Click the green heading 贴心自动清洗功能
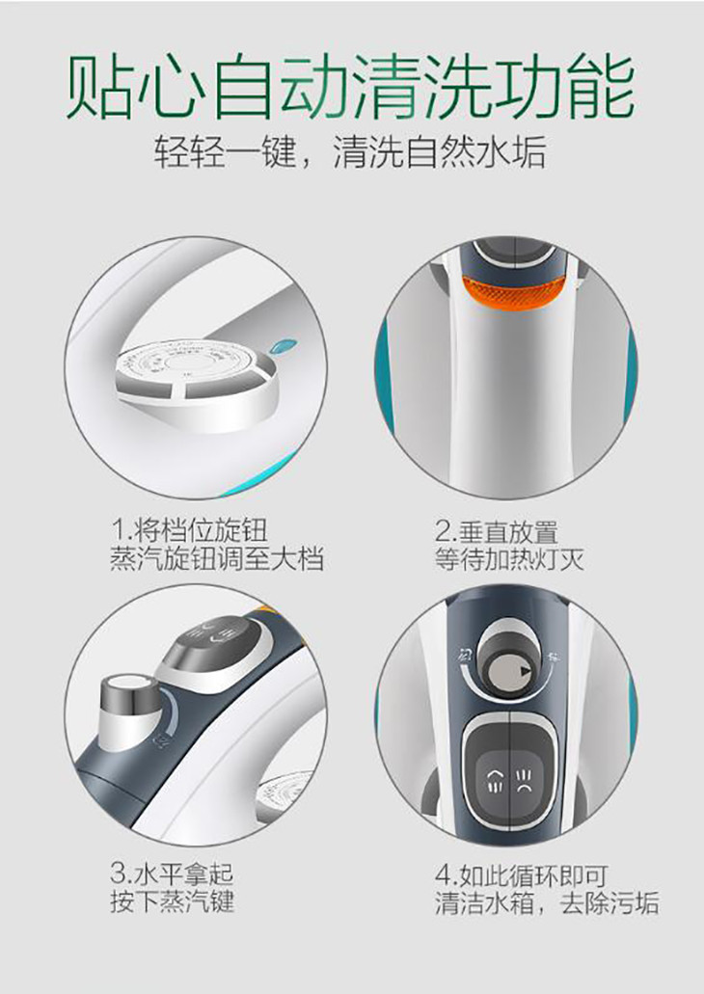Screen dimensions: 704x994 [x=351, y=87]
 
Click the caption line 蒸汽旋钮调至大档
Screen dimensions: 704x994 [x=217, y=559]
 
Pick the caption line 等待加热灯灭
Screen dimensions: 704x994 [x=509, y=559]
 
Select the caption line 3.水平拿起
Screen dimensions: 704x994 [x=172, y=873]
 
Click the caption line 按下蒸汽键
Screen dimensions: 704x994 [x=173, y=900]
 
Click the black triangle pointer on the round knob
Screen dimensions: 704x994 [x=524, y=671]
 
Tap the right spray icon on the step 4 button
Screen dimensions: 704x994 [x=524, y=779]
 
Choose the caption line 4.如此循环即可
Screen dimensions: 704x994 [x=522, y=875]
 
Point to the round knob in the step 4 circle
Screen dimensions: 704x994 [x=510, y=661]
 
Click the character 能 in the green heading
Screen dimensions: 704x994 [x=600, y=87]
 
